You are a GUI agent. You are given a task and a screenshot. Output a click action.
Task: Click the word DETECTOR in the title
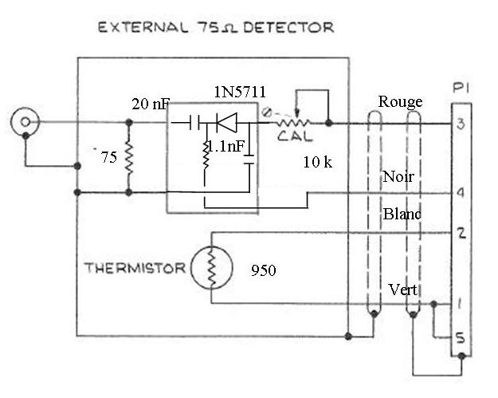[x=288, y=27]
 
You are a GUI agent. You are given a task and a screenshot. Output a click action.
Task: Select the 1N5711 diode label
[x=240, y=93]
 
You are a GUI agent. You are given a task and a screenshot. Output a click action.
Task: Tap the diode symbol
[x=226, y=122]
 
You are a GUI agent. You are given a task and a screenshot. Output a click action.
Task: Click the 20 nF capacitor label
[x=151, y=104]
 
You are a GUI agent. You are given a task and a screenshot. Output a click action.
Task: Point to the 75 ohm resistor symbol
[x=129, y=157]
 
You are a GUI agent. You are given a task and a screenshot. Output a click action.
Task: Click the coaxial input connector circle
[x=25, y=122]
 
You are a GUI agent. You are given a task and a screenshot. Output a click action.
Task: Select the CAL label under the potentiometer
[x=295, y=136]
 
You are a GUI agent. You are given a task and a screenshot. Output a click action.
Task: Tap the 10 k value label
[x=318, y=163]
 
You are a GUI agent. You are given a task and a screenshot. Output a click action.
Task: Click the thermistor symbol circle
[x=211, y=268]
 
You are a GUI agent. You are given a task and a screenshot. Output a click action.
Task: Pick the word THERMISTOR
[x=135, y=268]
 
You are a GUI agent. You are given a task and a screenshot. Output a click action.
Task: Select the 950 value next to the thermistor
[x=264, y=270]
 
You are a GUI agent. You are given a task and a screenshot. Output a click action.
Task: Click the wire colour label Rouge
[x=401, y=102]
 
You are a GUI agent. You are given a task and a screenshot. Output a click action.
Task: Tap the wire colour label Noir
[x=398, y=177]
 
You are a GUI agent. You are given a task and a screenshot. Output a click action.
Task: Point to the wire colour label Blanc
[x=402, y=214]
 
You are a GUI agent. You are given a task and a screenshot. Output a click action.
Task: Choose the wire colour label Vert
[x=403, y=290]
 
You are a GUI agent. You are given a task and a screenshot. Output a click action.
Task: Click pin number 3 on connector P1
[x=461, y=124]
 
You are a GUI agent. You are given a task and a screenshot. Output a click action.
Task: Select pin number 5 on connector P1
[x=461, y=338]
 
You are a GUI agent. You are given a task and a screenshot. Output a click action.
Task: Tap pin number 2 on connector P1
[x=461, y=234]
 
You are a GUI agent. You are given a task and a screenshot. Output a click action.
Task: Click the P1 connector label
[x=461, y=88]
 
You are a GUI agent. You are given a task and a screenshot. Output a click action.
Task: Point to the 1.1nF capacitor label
[x=226, y=147]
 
